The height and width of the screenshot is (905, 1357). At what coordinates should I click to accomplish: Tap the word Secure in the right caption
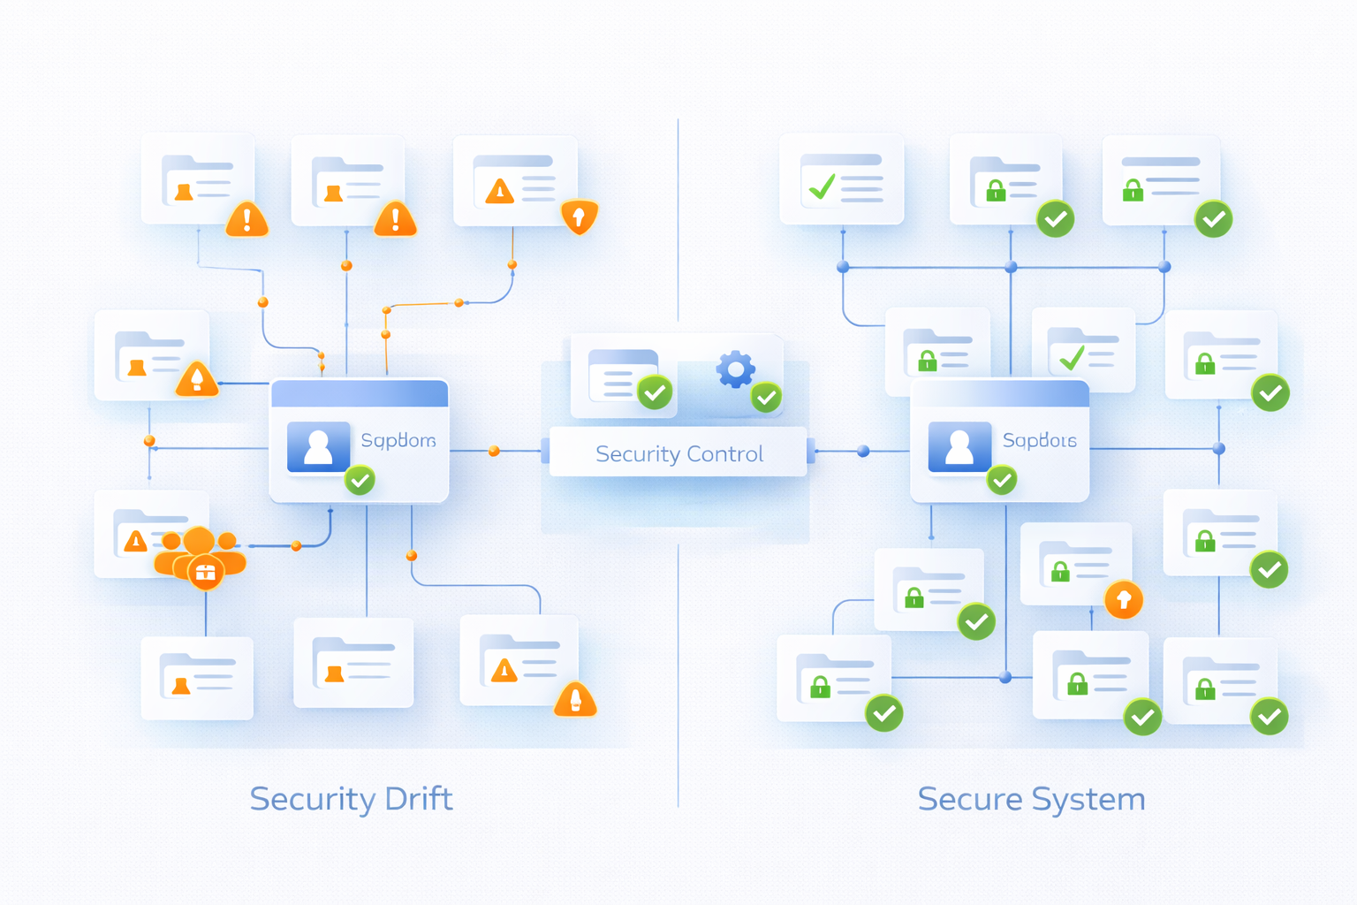pos(970,799)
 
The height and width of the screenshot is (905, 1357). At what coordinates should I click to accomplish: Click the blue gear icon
pos(735,369)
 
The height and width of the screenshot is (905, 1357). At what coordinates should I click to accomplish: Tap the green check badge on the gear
pos(766,398)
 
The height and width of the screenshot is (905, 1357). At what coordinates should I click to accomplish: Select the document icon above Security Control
pos(622,376)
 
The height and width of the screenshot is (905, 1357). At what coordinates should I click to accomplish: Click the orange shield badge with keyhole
pos(580,216)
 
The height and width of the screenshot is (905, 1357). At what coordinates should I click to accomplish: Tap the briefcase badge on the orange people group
pos(205,573)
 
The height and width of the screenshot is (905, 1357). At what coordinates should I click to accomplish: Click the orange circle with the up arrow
pos(1124,600)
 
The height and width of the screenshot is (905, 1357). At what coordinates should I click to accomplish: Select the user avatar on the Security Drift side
pos(318,446)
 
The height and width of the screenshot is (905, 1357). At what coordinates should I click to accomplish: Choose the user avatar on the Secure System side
pos(959,446)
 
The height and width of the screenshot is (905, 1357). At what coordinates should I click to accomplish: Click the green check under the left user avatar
pos(360,480)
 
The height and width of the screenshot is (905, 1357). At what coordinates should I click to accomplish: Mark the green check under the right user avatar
pos(1001,480)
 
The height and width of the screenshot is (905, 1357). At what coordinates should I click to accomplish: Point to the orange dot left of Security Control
pos(495,451)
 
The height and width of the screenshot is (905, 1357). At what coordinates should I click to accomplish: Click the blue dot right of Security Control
pos(863,451)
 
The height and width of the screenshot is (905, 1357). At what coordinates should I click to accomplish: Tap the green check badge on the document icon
pos(656,392)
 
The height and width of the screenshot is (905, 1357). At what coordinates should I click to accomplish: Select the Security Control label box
pos(678,452)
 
